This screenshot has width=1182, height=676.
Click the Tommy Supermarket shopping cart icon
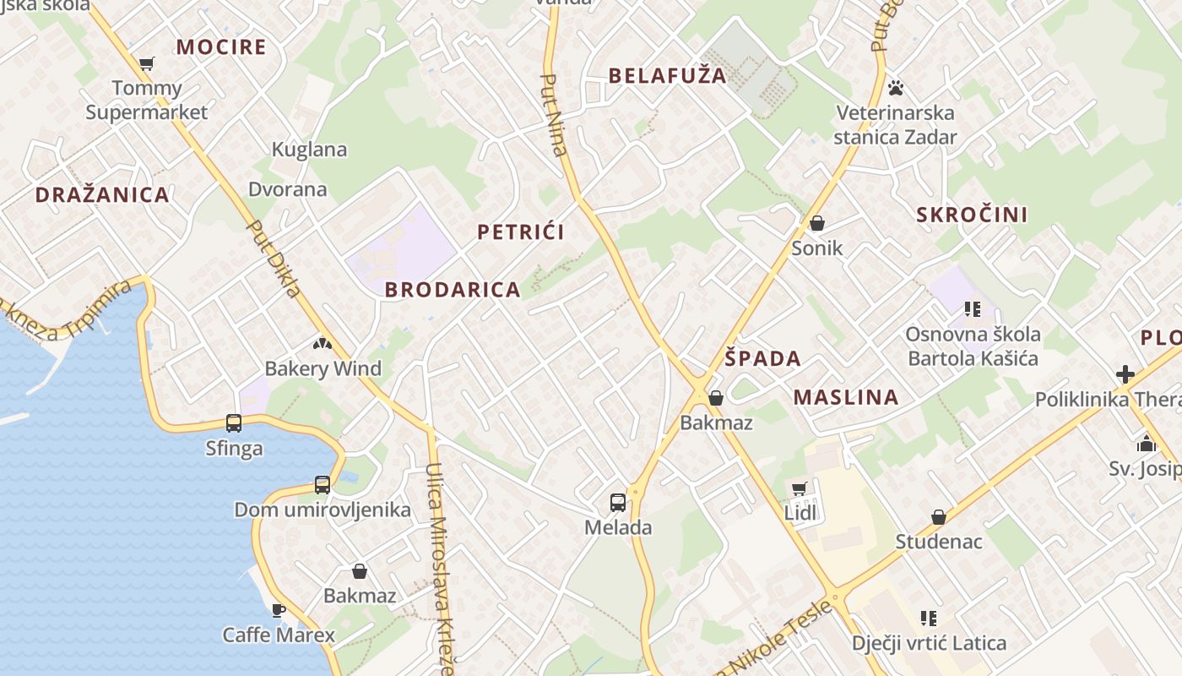point(146,63)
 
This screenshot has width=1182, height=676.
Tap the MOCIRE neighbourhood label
point(221,46)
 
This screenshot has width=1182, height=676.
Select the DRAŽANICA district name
point(102,195)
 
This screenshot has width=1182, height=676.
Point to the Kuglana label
point(309,150)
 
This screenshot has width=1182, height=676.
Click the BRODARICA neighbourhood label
point(453,290)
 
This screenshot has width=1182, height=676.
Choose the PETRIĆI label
point(521,232)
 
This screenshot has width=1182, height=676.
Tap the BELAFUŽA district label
point(667,75)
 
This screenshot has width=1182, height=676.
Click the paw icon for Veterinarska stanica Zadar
point(896,87)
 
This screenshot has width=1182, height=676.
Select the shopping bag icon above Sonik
point(816,223)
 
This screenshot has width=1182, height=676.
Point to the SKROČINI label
point(972,215)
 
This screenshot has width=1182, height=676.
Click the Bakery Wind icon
point(322,344)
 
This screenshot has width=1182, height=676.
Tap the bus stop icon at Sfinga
point(234,423)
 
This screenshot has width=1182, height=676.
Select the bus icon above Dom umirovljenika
point(322,485)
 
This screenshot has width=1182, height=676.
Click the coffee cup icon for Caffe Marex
point(278,610)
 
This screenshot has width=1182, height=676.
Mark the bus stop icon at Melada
point(618,503)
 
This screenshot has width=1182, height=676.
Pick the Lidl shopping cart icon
point(799,488)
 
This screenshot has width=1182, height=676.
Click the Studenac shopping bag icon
point(938,517)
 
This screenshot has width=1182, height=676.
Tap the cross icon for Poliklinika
point(1125,373)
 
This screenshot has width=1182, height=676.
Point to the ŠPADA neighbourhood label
point(762,358)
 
